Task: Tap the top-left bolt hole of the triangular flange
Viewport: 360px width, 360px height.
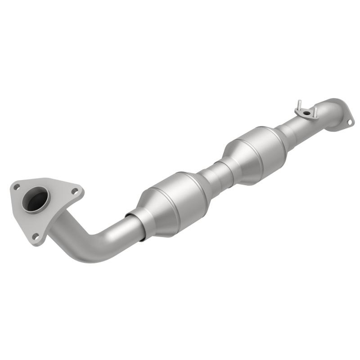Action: [x=17, y=186]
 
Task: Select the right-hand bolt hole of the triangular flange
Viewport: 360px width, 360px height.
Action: [x=74, y=191]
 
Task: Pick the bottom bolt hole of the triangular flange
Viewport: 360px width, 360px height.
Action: [x=35, y=236]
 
